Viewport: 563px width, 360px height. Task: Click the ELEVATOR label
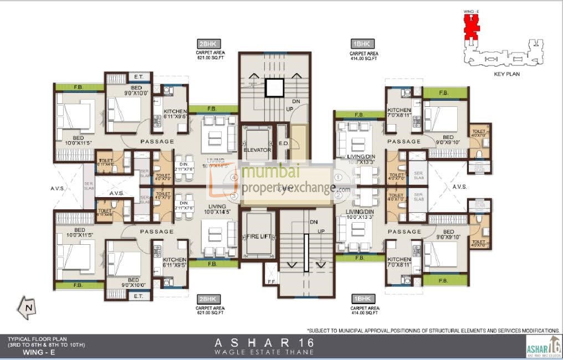[x=257, y=150]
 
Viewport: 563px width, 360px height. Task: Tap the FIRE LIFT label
[x=257, y=236]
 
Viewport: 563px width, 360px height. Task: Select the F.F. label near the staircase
[x=270, y=282]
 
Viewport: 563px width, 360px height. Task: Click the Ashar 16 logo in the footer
[x=543, y=347]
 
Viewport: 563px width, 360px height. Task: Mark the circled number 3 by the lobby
[x=234, y=196]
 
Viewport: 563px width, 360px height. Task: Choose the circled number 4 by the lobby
[x=234, y=177]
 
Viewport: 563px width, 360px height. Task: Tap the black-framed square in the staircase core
[x=274, y=88]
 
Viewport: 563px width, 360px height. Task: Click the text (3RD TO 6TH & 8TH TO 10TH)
[x=47, y=344]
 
